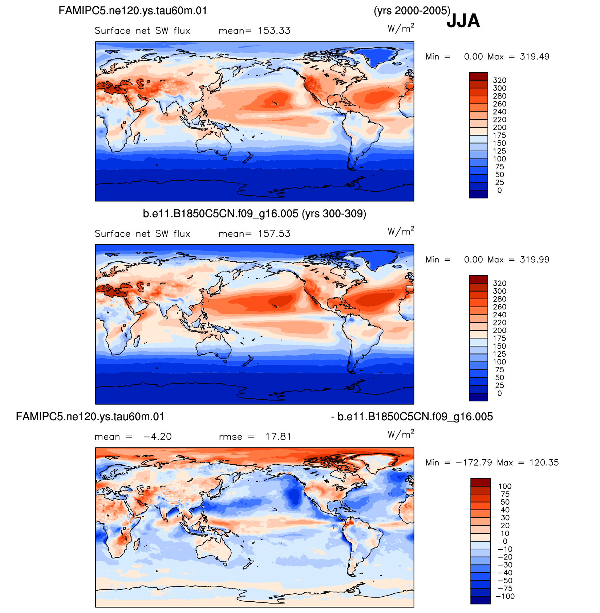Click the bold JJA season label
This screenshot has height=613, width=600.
coord(463,21)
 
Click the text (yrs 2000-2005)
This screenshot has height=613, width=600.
coord(412,11)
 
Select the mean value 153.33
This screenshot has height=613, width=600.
coord(274,31)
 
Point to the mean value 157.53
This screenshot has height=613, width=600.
coord(274,234)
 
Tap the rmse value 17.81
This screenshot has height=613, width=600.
coord(278,437)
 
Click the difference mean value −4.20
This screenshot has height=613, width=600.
coord(157,437)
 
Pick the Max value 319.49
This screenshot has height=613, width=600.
coord(535,57)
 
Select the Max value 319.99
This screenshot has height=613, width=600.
coord(535,260)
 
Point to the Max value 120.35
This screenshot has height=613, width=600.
coord(544,462)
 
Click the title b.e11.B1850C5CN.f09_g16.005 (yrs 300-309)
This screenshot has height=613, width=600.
coord(254,214)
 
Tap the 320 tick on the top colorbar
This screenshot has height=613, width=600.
coord(499,80)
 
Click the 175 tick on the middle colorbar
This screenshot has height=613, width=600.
coord(499,338)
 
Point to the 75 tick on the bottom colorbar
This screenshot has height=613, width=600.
coord(505,494)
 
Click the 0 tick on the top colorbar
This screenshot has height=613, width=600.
coord(500,191)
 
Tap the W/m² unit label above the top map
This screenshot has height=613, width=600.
coord(401,28)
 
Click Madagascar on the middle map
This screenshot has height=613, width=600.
coord(137,341)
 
